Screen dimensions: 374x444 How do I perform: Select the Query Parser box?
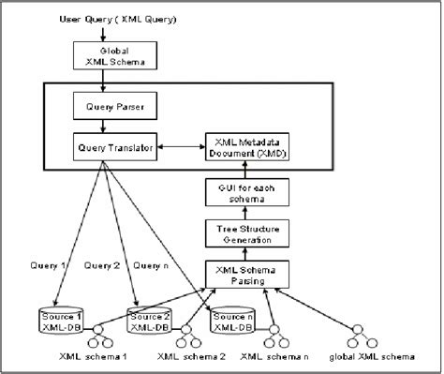(109, 106)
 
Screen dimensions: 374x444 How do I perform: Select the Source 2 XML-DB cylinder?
(150, 322)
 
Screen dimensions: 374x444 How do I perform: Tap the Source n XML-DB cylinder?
(231, 322)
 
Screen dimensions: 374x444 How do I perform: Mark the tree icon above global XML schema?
(358, 336)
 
